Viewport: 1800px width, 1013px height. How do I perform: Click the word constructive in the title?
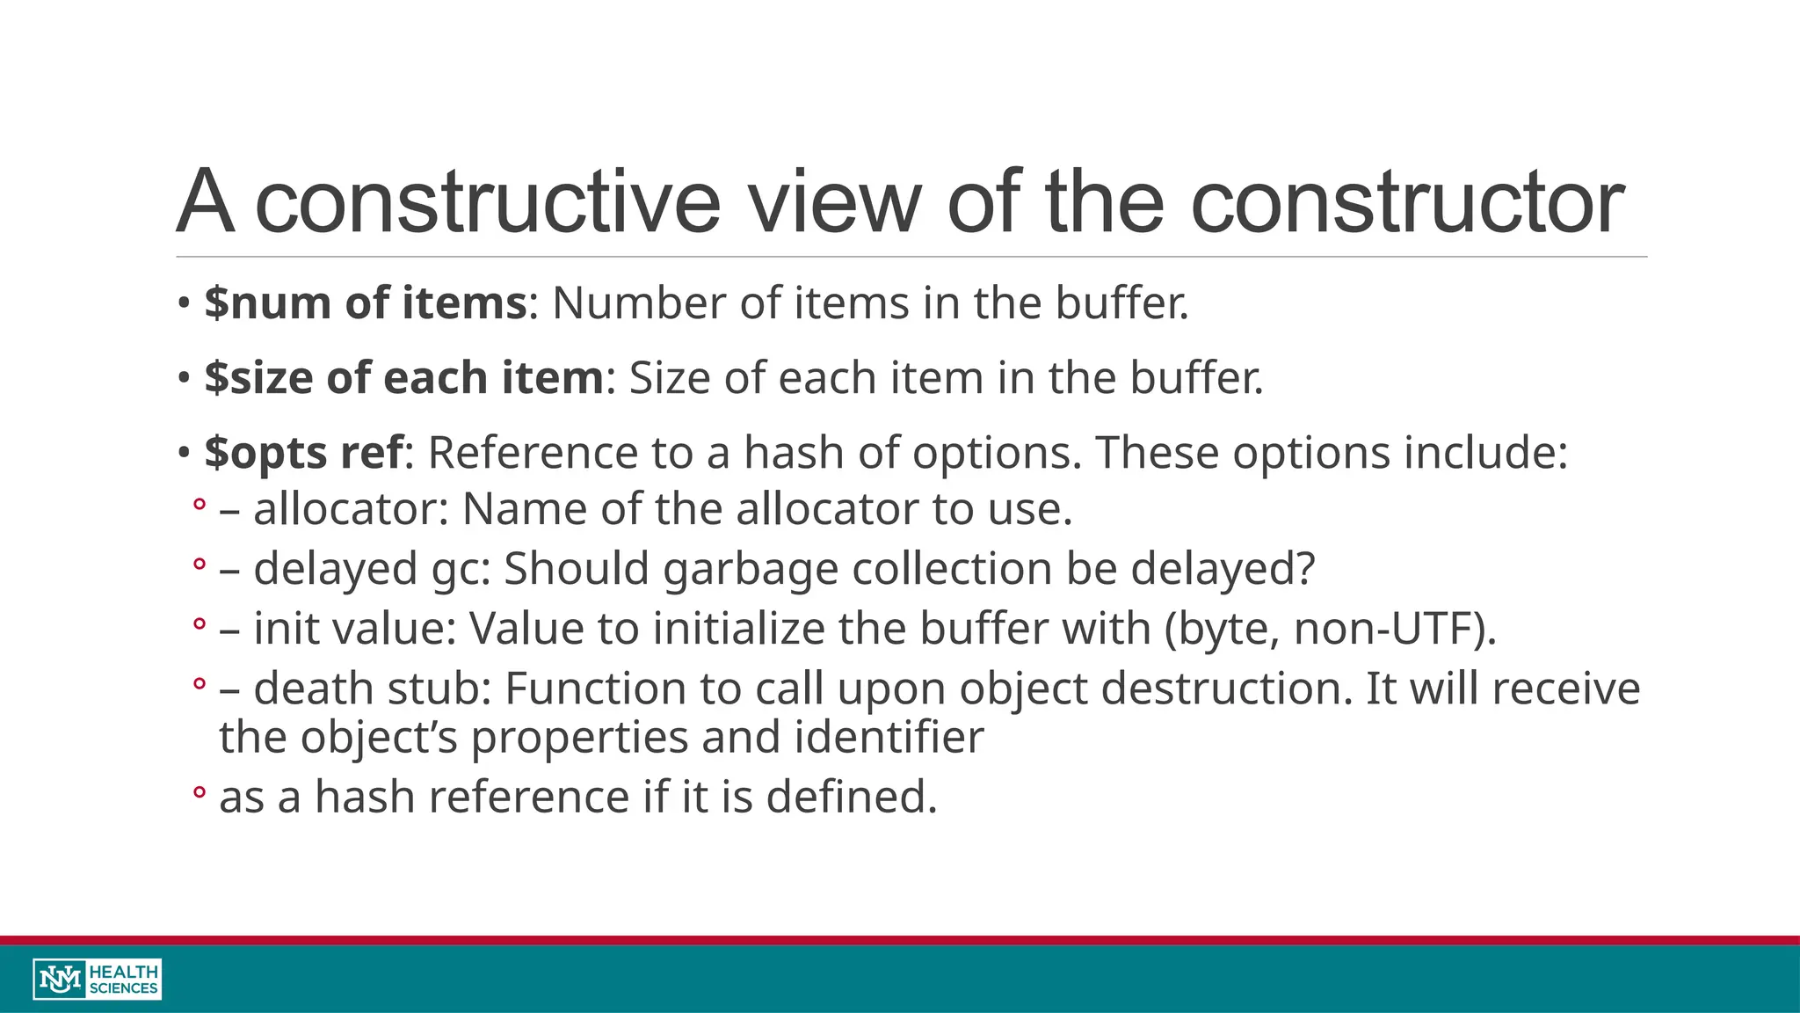(x=487, y=202)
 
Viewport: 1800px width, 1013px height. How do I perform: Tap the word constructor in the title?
(x=1406, y=202)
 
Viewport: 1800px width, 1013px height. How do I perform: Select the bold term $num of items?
(x=366, y=303)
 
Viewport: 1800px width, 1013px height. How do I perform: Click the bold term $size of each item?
(x=404, y=378)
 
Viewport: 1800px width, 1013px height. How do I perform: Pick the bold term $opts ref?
(x=304, y=454)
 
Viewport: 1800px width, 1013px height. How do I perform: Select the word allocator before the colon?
(x=345, y=509)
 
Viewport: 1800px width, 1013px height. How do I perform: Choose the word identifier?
(x=889, y=737)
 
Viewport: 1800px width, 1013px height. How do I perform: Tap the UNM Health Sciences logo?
(x=98, y=979)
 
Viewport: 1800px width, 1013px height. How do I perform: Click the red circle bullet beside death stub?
(x=200, y=683)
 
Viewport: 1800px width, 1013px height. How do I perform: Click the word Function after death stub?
(x=595, y=689)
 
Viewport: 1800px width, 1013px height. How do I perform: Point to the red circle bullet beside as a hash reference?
(x=200, y=792)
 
